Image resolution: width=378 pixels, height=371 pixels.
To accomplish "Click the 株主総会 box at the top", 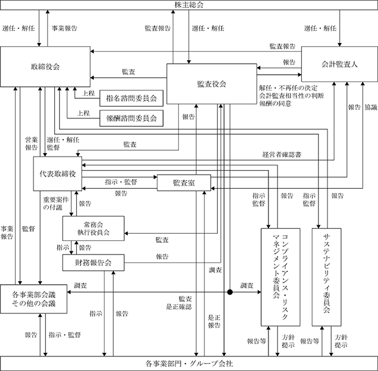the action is (189, 5).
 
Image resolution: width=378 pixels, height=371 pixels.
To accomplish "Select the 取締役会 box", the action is (45, 67).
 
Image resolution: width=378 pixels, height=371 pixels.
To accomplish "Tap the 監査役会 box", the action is (212, 84).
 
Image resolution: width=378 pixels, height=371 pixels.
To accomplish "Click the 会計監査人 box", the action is (340, 64).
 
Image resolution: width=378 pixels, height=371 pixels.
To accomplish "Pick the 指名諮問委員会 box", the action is (131, 98).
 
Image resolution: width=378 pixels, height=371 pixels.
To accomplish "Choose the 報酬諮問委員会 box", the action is (131, 118).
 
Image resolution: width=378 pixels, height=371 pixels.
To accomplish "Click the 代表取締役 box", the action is (58, 174).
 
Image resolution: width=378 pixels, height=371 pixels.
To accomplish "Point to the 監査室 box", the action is (184, 183).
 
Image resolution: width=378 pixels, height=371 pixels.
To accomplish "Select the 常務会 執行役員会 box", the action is (93, 228).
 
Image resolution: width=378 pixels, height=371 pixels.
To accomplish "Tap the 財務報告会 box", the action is (93, 262).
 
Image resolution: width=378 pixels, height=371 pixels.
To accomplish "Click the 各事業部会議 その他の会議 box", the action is (33, 299).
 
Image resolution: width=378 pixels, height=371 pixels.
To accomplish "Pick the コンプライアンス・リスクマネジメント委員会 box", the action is (281, 277).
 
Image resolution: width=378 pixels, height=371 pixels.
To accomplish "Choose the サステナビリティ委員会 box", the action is (327, 277).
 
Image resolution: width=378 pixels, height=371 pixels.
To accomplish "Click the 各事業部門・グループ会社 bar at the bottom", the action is (189, 364).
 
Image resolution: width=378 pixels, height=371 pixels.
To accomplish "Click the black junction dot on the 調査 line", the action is (230, 292).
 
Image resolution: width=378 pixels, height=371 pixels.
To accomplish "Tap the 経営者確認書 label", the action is (282, 154).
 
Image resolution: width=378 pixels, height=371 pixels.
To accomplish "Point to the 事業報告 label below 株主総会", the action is (65, 28).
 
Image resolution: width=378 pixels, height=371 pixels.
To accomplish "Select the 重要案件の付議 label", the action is (56, 203).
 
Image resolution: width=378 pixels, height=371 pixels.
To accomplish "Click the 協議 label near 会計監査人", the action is (371, 107).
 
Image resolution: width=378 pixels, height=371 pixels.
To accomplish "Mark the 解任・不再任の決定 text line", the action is (289, 88).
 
